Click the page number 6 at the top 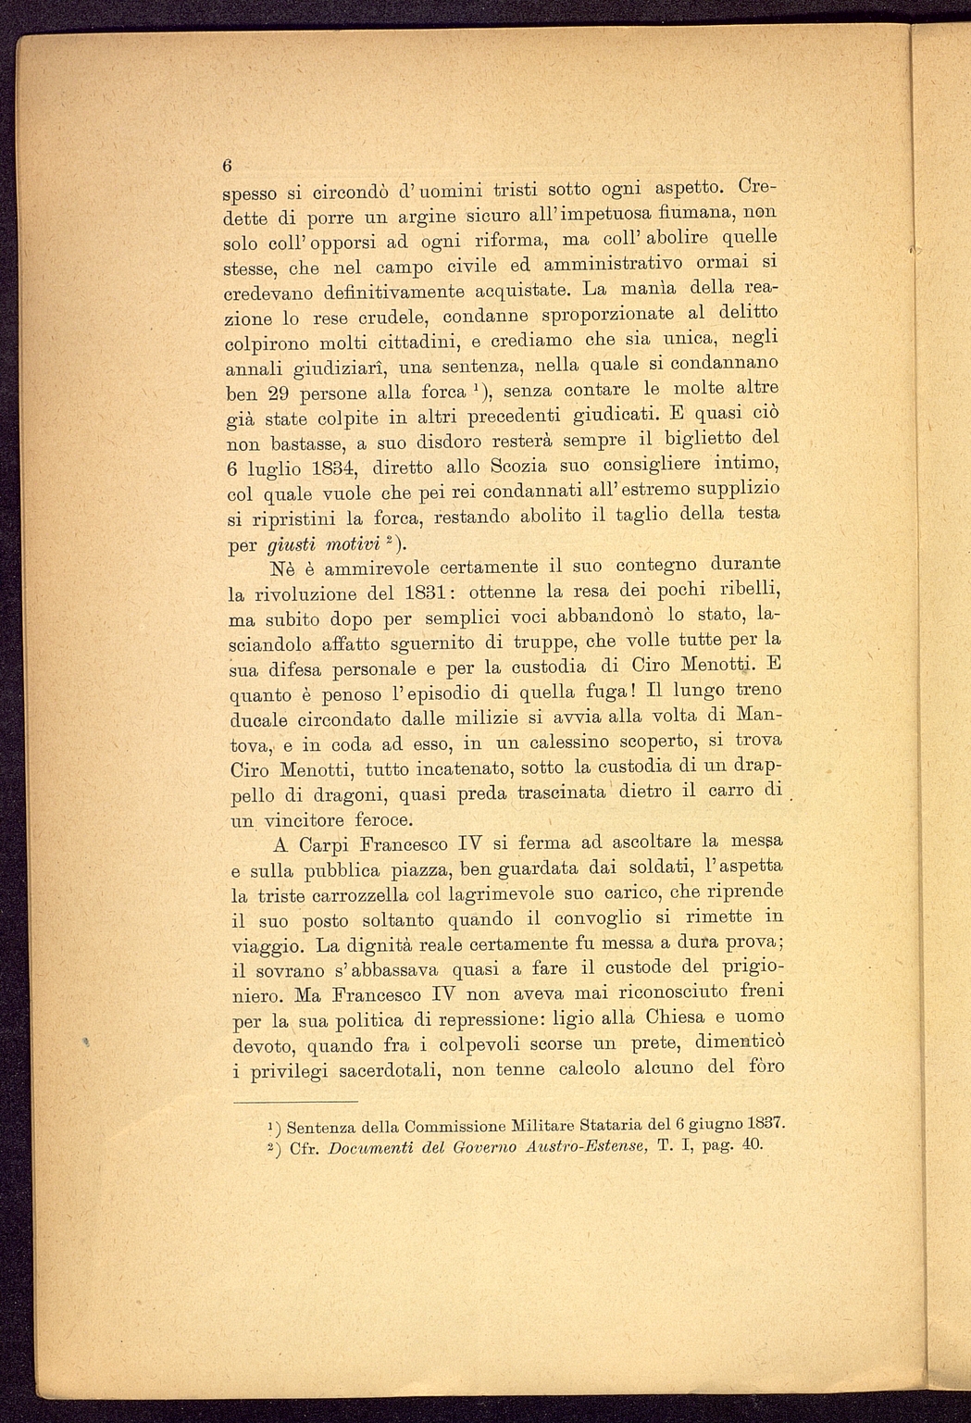(227, 166)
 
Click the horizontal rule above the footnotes (295, 1102)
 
